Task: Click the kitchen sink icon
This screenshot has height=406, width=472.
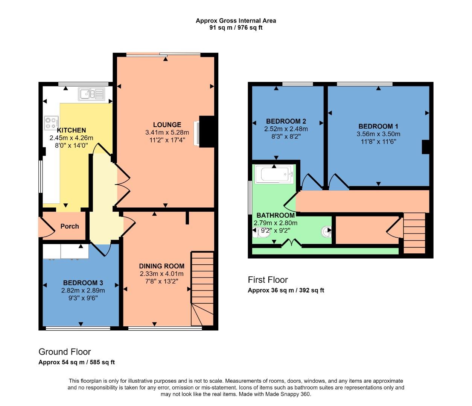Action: tap(91, 94)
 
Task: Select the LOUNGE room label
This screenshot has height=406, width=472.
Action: tap(167, 125)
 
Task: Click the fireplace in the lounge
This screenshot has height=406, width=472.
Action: tap(197, 133)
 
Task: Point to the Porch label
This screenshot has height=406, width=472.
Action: tap(70, 226)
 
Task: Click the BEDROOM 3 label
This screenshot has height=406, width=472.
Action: tap(83, 283)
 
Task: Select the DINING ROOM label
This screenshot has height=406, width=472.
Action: tap(161, 266)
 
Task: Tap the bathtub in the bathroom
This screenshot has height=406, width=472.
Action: tap(274, 175)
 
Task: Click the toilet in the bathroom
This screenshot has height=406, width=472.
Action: tap(260, 232)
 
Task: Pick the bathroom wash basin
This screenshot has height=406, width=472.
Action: tap(326, 232)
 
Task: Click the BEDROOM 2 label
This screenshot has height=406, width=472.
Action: tap(286, 121)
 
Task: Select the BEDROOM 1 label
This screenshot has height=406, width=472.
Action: tap(378, 126)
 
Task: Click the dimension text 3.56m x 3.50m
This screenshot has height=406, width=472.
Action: tap(378, 134)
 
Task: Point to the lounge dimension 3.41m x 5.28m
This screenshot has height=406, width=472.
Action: tap(167, 133)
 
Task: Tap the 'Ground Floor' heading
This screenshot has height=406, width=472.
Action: tap(65, 352)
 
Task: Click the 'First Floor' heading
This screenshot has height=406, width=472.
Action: tap(268, 280)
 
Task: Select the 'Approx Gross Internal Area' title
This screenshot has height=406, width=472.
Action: tap(236, 21)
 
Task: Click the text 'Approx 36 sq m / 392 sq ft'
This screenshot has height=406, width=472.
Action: tap(286, 290)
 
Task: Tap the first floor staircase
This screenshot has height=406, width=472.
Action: tap(414, 233)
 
